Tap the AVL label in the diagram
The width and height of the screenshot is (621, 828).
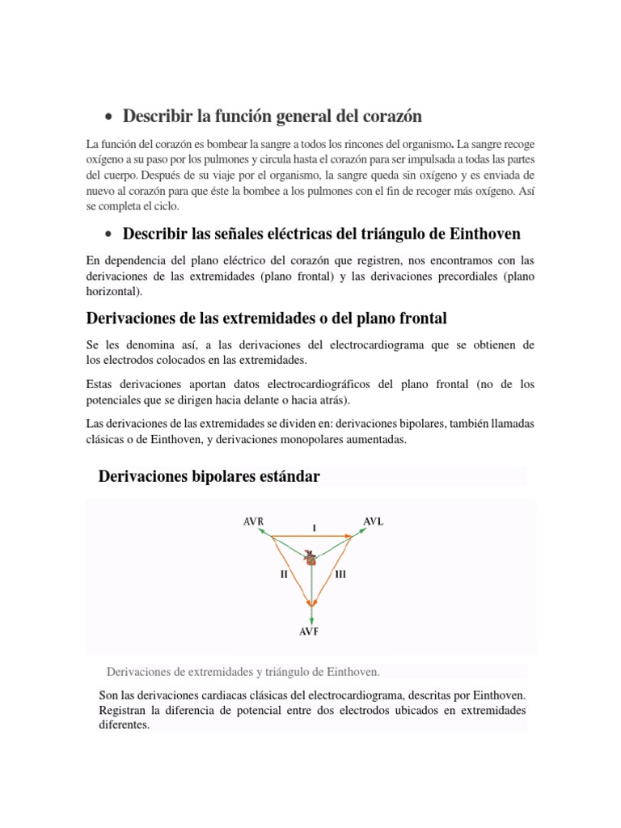click(373, 521)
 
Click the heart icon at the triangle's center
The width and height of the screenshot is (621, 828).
click(311, 557)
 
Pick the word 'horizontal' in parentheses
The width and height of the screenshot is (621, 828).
click(111, 291)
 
